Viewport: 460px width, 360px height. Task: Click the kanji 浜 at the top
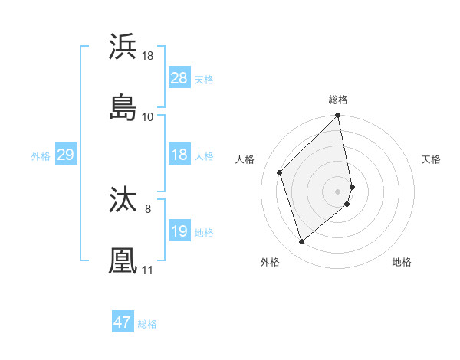[x=123, y=47]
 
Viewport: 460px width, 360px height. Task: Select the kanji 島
[x=123, y=107]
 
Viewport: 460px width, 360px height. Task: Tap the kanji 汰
[x=123, y=201]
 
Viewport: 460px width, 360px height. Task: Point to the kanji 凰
[x=123, y=260]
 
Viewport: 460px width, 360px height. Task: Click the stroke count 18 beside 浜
[x=148, y=56]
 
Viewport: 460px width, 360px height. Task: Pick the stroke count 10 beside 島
[x=148, y=116]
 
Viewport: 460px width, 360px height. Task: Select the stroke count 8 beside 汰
[x=148, y=208]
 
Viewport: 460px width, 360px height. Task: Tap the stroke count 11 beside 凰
[x=148, y=270]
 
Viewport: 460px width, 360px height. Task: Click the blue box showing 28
[x=179, y=78]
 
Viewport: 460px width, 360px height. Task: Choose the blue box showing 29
[x=65, y=155]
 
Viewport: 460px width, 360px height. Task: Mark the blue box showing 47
[x=123, y=322]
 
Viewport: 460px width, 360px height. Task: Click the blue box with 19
[x=179, y=231]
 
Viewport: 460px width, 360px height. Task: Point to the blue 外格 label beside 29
[x=41, y=156]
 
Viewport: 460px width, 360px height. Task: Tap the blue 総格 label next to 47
[x=147, y=324]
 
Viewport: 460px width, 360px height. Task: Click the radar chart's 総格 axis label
[x=338, y=100]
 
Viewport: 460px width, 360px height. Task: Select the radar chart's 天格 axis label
[x=431, y=159]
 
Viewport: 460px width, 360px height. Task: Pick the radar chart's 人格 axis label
[x=245, y=159]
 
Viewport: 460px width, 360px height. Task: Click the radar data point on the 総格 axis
[x=338, y=116]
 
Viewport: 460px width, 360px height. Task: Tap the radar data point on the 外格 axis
[x=302, y=242]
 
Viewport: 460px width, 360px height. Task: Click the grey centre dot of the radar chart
[x=338, y=191]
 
